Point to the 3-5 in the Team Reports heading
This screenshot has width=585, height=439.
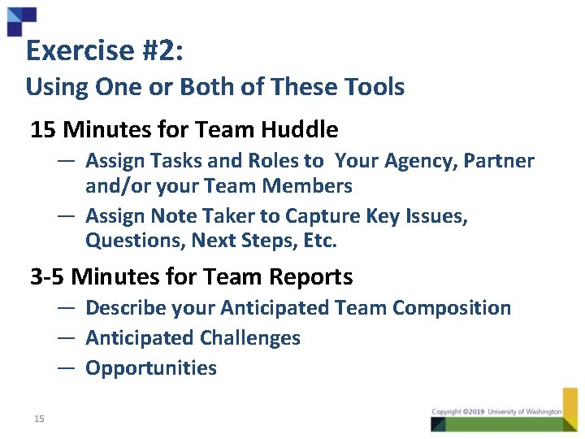pos(48,277)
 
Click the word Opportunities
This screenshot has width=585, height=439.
pos(151,368)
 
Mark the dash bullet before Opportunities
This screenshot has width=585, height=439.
pos(67,368)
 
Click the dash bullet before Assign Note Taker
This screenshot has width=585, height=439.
pos(67,216)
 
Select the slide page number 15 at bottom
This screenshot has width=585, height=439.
pos(39,419)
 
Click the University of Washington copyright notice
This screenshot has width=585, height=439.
pos(496,412)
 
